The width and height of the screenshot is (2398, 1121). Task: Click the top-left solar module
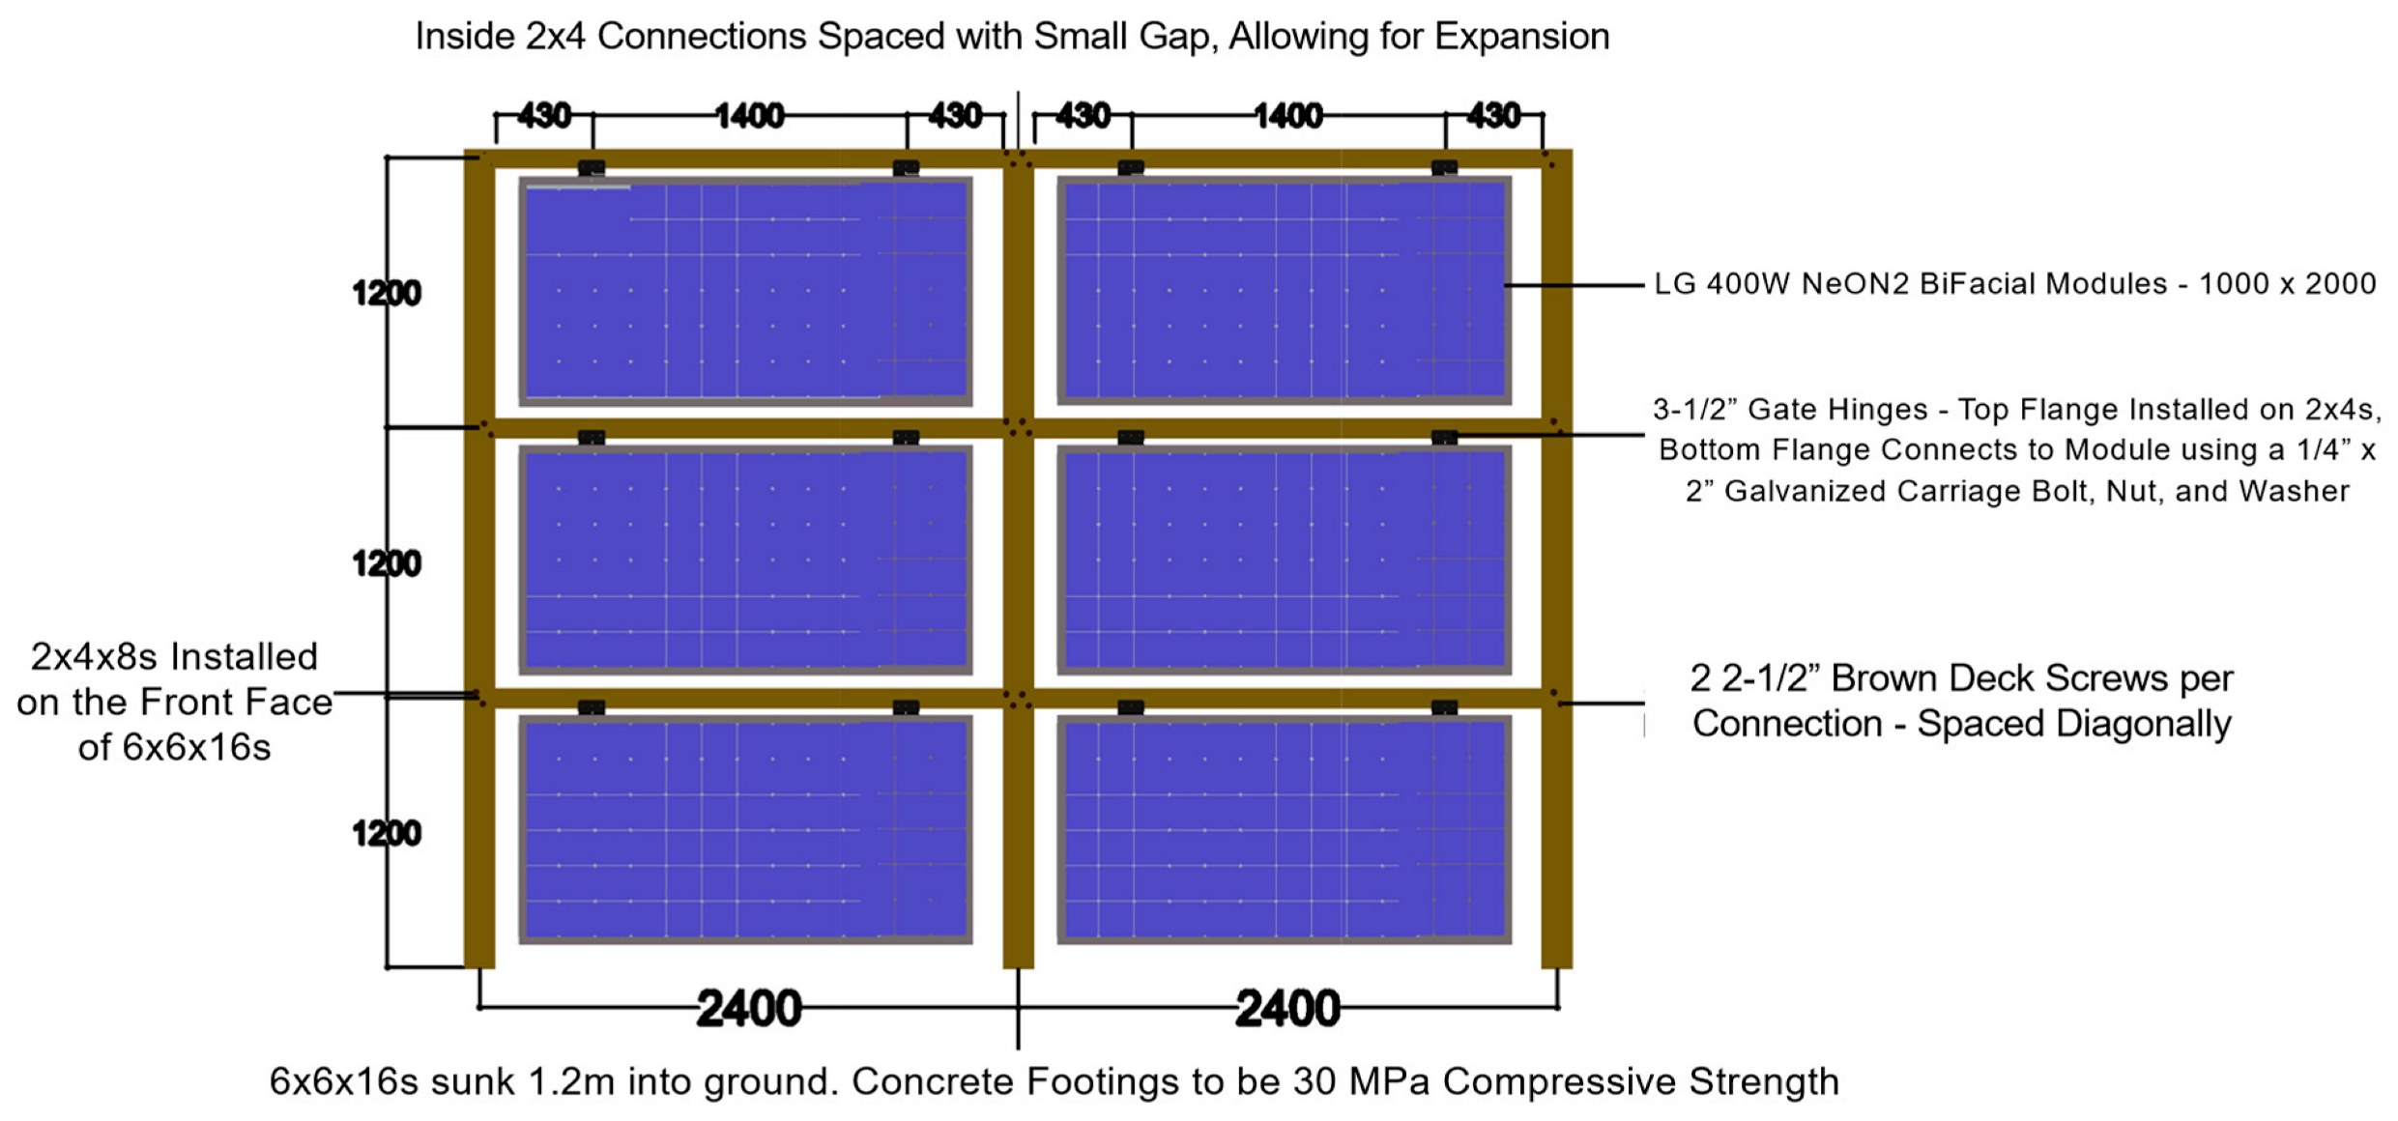745,290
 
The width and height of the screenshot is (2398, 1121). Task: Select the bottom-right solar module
1284,829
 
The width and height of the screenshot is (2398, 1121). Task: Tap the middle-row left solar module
745,560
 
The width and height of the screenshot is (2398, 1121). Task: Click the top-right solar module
1284,290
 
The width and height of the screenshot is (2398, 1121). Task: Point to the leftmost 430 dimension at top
544,116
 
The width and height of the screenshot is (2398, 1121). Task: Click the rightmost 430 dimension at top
1493,116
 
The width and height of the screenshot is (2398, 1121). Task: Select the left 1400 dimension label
749,116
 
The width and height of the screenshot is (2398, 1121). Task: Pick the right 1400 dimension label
1288,116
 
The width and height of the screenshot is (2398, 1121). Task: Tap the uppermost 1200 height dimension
387,293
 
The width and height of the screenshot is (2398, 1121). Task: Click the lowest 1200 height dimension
387,833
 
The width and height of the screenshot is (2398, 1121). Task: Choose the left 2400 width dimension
749,1009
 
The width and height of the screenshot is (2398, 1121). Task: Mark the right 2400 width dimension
1288,1009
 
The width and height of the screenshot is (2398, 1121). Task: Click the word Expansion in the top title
1521,37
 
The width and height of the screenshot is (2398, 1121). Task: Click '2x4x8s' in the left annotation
93,657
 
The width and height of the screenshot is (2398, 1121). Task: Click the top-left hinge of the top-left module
592,168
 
